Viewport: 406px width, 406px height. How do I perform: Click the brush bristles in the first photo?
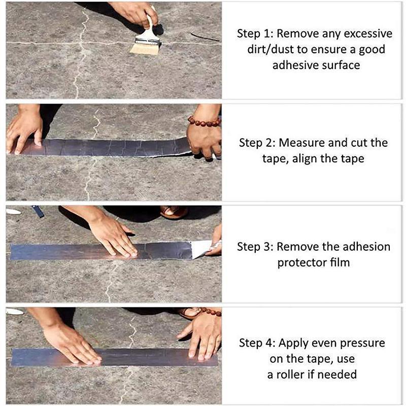pos(145,48)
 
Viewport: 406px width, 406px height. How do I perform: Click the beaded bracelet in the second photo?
pos(204,122)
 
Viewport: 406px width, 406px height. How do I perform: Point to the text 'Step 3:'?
pos(255,247)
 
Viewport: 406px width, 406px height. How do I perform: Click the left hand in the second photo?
pos(24,130)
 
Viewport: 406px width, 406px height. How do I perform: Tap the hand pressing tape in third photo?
pos(113,236)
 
